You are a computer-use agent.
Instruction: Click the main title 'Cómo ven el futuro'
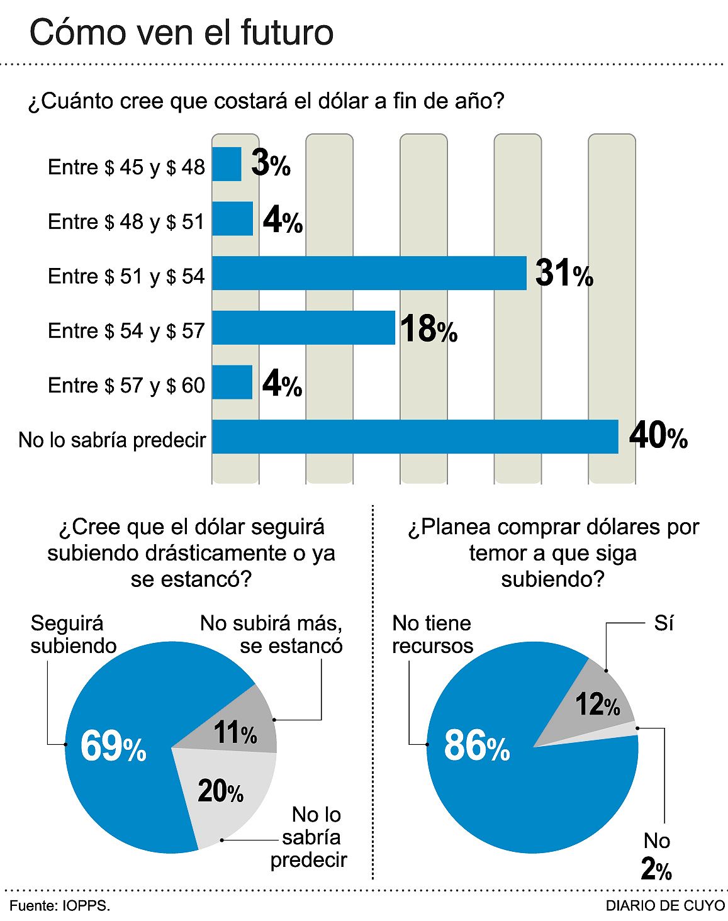coord(181,33)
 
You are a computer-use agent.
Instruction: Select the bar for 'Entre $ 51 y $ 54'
coord(369,273)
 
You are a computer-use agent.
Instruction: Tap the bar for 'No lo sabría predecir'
coord(415,437)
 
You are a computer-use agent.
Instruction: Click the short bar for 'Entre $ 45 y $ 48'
coord(227,164)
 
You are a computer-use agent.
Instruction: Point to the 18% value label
coord(428,329)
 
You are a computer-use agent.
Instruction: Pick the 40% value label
coord(658,435)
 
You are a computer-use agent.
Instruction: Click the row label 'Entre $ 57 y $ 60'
coord(126,385)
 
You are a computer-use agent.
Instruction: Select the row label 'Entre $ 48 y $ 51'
coord(126,221)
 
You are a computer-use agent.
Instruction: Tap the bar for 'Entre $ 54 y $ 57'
coord(303,328)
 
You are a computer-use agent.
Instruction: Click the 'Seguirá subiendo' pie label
coord(73,634)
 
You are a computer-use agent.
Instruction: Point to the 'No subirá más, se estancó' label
coord(271,634)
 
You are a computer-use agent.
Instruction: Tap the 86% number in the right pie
coord(476,746)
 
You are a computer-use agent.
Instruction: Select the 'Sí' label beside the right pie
coord(664,623)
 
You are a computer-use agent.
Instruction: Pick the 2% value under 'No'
coord(656,869)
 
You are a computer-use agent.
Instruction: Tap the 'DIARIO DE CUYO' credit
coord(664,906)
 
